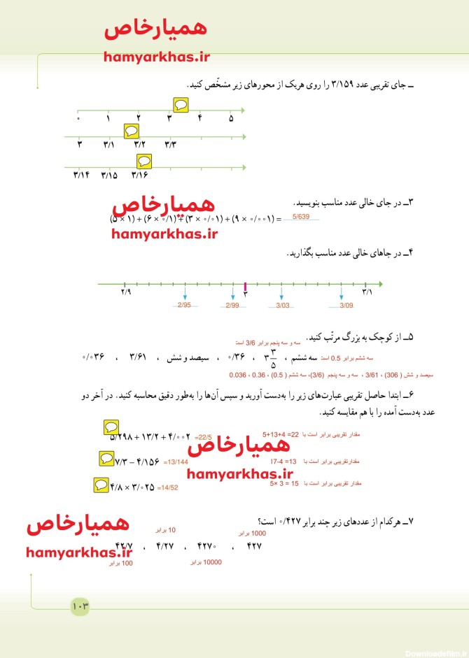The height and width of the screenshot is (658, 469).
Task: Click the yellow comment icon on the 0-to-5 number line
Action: [181, 104]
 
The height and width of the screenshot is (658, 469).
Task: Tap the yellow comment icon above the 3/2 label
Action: [130, 130]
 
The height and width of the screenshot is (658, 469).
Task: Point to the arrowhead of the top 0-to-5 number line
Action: [241, 110]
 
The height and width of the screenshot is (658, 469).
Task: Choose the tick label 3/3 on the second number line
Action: [171, 144]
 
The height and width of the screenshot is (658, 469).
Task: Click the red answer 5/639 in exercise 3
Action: [301, 217]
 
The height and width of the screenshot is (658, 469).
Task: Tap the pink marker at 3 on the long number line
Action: [245, 285]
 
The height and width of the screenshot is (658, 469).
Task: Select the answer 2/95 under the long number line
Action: [184, 306]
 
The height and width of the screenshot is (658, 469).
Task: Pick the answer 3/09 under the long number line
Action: [346, 306]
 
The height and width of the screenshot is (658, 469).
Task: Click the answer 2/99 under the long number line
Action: [232, 306]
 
